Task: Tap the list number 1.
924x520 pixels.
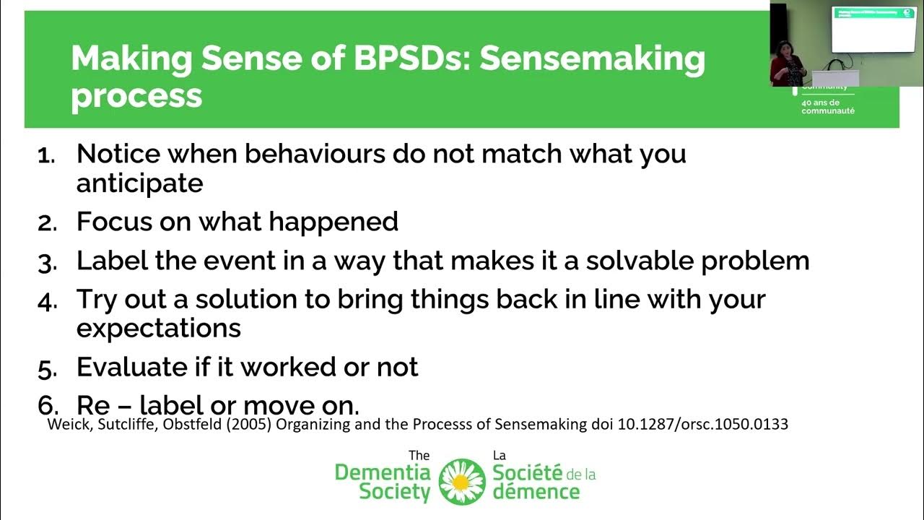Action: pyautogui.click(x=45, y=155)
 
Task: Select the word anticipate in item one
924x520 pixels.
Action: pyautogui.click(x=139, y=184)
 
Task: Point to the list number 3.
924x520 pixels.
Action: pyautogui.click(x=46, y=262)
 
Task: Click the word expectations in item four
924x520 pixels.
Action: pyautogui.click(x=158, y=329)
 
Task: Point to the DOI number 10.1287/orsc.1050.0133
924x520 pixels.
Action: pyautogui.click(x=703, y=425)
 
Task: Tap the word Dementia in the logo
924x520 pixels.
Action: pyautogui.click(x=383, y=474)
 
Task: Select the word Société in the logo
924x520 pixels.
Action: pyautogui.click(x=528, y=474)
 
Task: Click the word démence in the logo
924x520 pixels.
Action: pyautogui.click(x=536, y=493)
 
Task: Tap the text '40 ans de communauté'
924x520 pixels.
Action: pyautogui.click(x=828, y=106)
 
